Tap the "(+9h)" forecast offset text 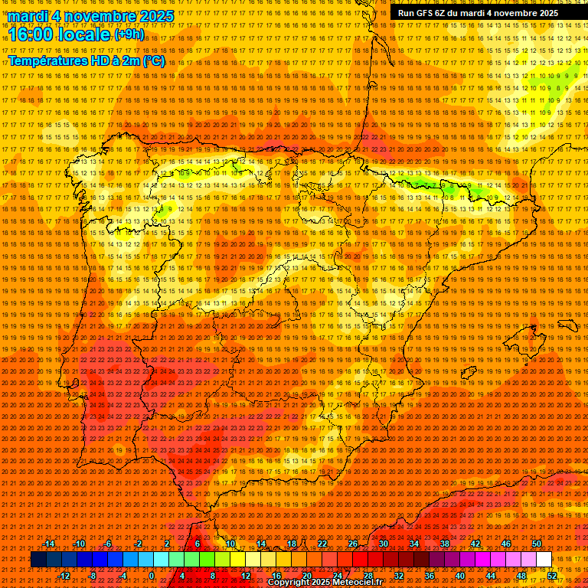click(x=128, y=34)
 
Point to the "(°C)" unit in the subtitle click(x=153, y=61)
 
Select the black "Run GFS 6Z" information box click(x=478, y=13)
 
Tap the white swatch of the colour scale click(x=544, y=560)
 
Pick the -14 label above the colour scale click(x=49, y=544)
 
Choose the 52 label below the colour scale click(x=552, y=576)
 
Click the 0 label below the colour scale click(x=152, y=576)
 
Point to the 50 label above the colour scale click(x=537, y=544)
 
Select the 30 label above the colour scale click(x=383, y=544)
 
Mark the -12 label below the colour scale click(x=64, y=576)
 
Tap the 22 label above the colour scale click(x=322, y=544)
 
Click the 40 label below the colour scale click(x=460, y=576)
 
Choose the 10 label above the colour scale click(x=230, y=544)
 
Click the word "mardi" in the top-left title click(x=31, y=16)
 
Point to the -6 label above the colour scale click(x=108, y=544)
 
